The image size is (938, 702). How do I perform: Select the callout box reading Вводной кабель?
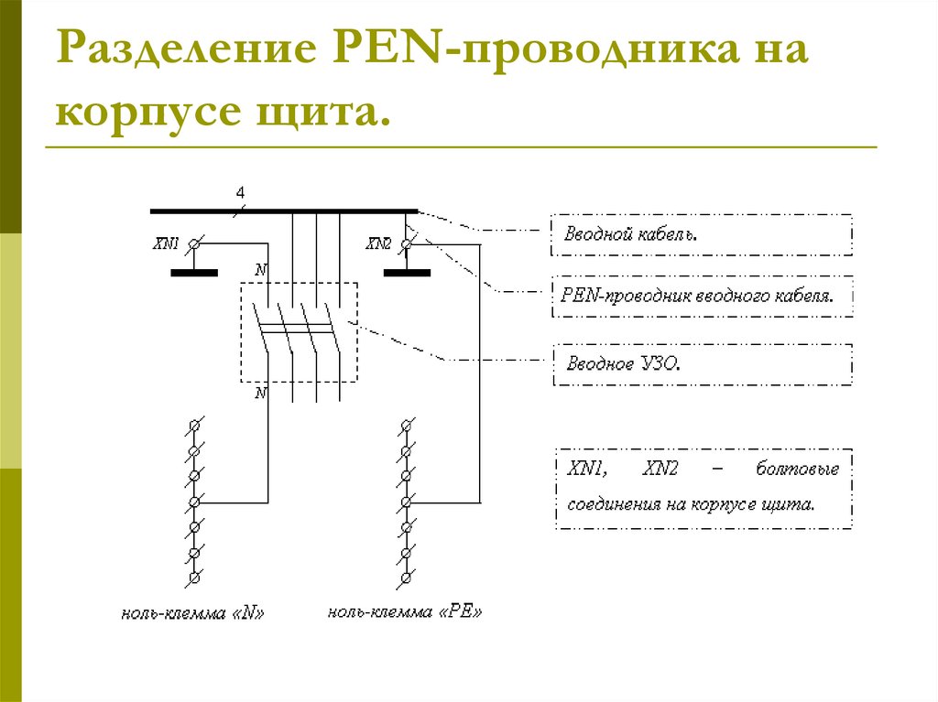pyautogui.click(x=702, y=234)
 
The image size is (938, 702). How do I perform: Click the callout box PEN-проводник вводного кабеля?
pyautogui.click(x=702, y=297)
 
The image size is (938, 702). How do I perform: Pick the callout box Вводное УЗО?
pyautogui.click(x=702, y=363)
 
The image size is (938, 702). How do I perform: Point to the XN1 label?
pyautogui.click(x=166, y=244)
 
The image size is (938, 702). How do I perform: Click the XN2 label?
pyautogui.click(x=378, y=244)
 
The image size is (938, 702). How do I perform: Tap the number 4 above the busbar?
pyautogui.click(x=241, y=193)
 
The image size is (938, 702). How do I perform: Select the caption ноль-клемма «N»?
pyautogui.click(x=193, y=613)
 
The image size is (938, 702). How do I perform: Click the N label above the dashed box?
pyautogui.click(x=261, y=270)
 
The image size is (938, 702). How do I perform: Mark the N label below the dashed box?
pyautogui.click(x=261, y=394)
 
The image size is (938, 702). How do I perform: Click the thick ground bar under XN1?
pyautogui.click(x=194, y=273)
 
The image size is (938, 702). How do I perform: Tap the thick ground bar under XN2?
pyautogui.click(x=407, y=273)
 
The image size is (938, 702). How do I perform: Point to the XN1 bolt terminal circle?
pyautogui.click(x=193, y=244)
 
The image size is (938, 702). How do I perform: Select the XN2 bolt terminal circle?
pyautogui.click(x=406, y=244)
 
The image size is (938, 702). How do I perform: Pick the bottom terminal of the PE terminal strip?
pyautogui.click(x=405, y=579)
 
